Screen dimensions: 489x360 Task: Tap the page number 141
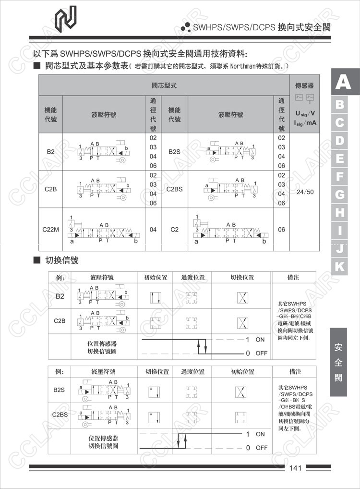(296, 468)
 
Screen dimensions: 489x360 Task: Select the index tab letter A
(343, 83)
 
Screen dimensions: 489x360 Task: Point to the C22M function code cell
(51, 230)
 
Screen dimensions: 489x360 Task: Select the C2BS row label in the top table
(175, 189)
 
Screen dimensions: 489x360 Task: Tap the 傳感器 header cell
(304, 86)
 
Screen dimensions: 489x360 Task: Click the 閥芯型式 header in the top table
(164, 86)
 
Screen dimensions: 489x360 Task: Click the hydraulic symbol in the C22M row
(105, 230)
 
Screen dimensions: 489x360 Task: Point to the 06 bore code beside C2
(282, 230)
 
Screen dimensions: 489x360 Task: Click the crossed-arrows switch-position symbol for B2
(242, 298)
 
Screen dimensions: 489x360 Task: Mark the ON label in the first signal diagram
(260, 340)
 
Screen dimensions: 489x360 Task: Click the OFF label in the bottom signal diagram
(261, 448)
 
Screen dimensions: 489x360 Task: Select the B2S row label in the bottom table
(59, 390)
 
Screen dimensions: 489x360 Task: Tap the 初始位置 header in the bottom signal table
(242, 372)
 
